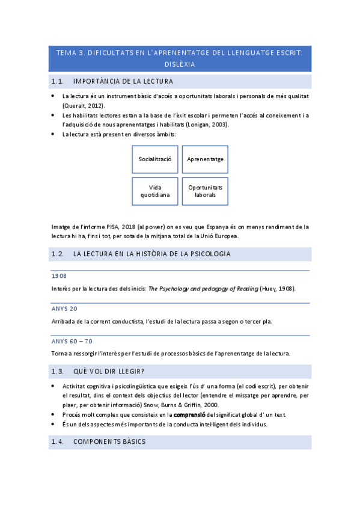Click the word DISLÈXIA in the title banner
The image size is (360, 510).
(x=180, y=64)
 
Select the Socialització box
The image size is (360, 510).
(x=155, y=159)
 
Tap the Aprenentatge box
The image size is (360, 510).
(x=205, y=159)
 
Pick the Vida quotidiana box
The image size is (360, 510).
(x=155, y=191)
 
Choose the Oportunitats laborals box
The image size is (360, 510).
(x=205, y=191)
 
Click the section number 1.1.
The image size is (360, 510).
(x=58, y=81)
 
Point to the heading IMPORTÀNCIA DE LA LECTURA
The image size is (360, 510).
(x=123, y=81)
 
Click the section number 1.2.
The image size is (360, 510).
(x=58, y=254)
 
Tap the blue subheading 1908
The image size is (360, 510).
(x=59, y=276)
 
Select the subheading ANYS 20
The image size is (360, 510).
(x=64, y=309)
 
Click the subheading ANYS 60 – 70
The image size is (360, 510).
(x=72, y=341)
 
